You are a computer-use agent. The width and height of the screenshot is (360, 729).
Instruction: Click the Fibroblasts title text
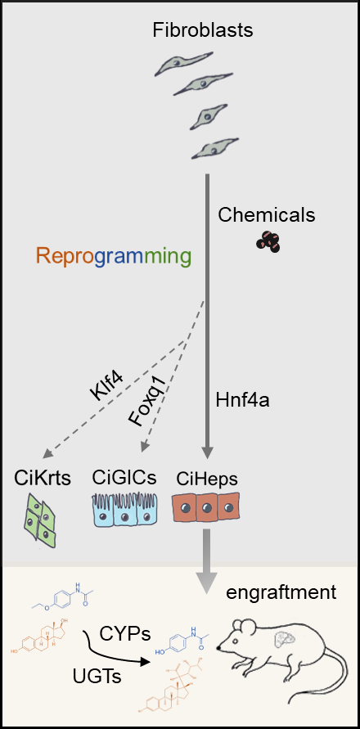point(203,31)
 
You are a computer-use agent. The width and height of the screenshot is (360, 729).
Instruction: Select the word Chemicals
point(267,215)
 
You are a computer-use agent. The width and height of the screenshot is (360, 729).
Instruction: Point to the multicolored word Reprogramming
point(114,257)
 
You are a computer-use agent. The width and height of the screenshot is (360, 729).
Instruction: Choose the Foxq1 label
point(146,403)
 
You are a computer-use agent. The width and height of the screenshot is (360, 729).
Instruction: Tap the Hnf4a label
point(243,401)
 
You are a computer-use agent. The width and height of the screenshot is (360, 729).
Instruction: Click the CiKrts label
point(43,478)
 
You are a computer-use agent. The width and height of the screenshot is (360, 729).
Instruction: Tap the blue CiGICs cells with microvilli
point(124,510)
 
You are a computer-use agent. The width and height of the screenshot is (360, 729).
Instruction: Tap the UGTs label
point(97,676)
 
